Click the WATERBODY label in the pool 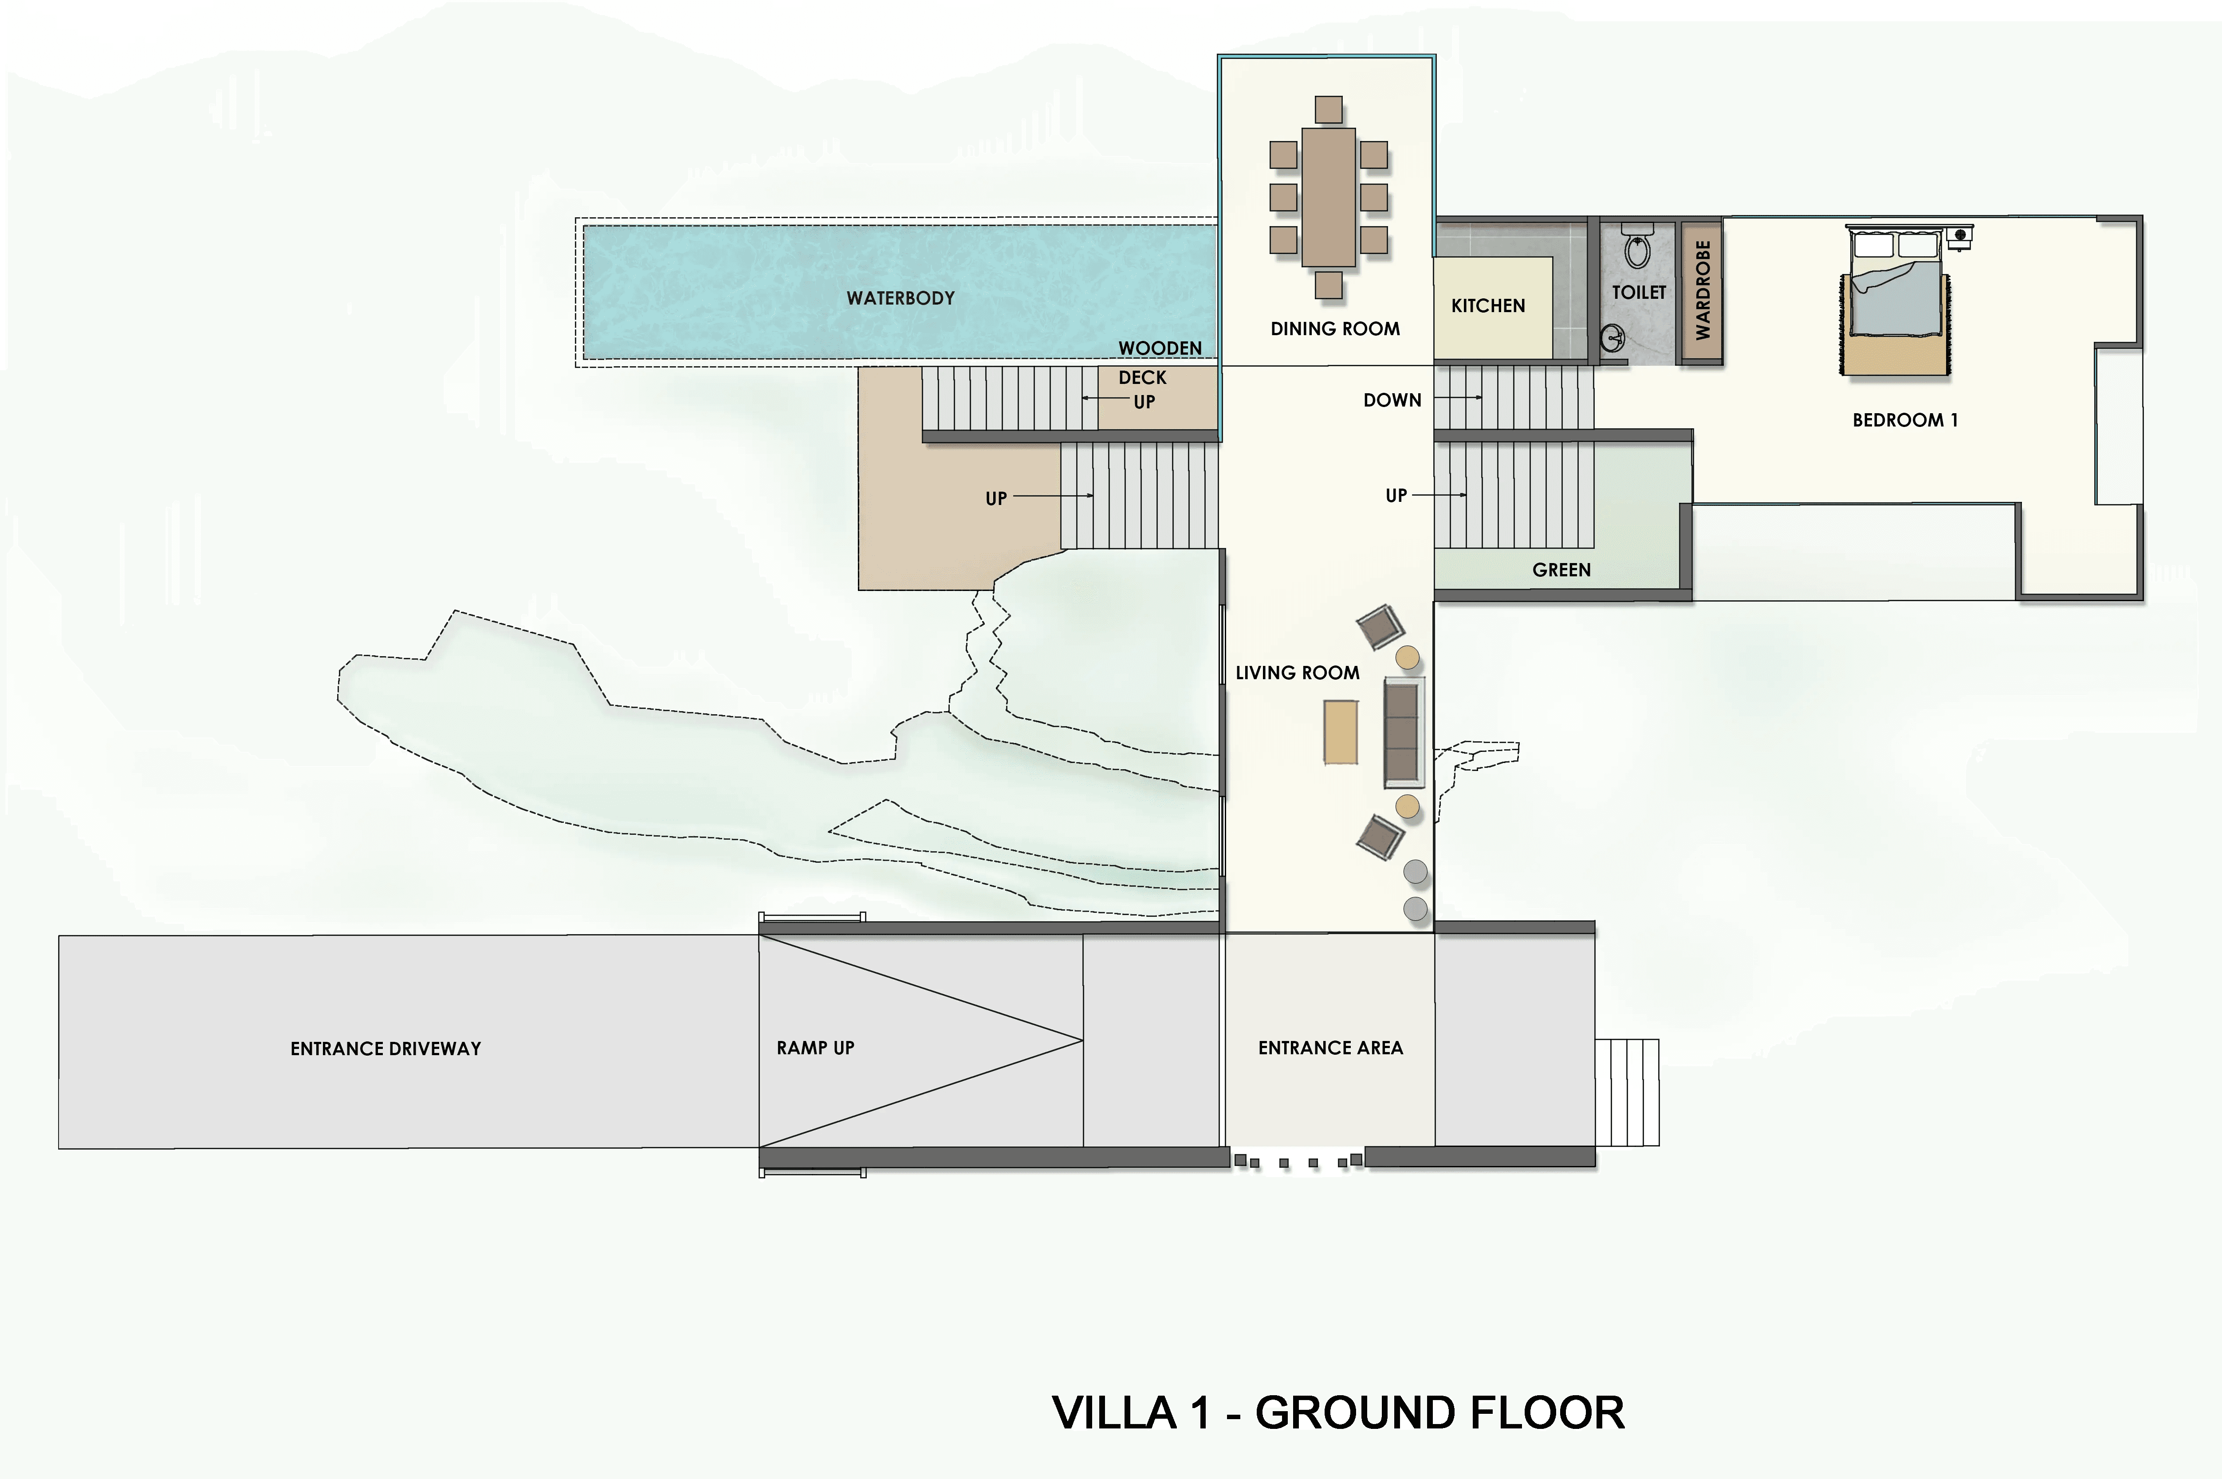pyautogui.click(x=900, y=298)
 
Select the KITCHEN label pyautogui.click(x=1488, y=305)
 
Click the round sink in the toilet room pyautogui.click(x=1612, y=337)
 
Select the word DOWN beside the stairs pyautogui.click(x=1392, y=400)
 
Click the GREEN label pyautogui.click(x=1561, y=570)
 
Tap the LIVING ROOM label pyautogui.click(x=1298, y=673)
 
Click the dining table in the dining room pyautogui.click(x=1329, y=197)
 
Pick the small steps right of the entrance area pyautogui.click(x=1627, y=1092)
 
